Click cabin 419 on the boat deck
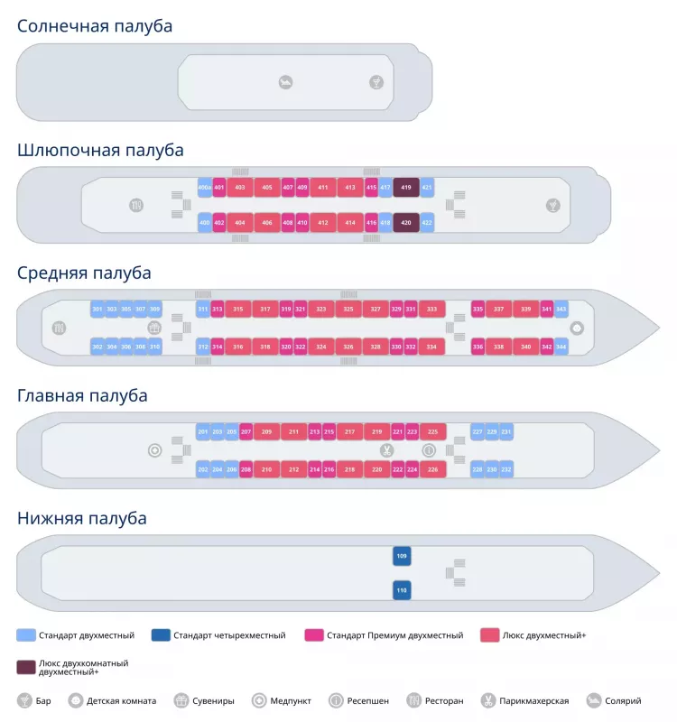click(x=405, y=188)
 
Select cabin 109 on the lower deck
click(x=402, y=556)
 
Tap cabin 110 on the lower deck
click(x=402, y=590)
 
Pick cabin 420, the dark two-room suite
click(x=405, y=222)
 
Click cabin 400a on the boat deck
click(x=205, y=188)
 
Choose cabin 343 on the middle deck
click(x=561, y=310)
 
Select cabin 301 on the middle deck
click(x=97, y=310)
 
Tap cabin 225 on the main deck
click(x=432, y=432)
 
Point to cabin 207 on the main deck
click(x=246, y=432)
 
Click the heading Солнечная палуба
click(x=95, y=26)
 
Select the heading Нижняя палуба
click(x=82, y=519)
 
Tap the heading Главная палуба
click(x=82, y=395)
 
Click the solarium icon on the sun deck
click(x=285, y=83)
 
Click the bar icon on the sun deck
click(x=376, y=83)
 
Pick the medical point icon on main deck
click(x=155, y=449)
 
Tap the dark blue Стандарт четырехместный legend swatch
click(x=161, y=635)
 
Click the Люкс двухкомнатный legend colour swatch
click(x=25, y=667)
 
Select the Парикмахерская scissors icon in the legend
click(x=487, y=700)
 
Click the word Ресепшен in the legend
click(x=369, y=701)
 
